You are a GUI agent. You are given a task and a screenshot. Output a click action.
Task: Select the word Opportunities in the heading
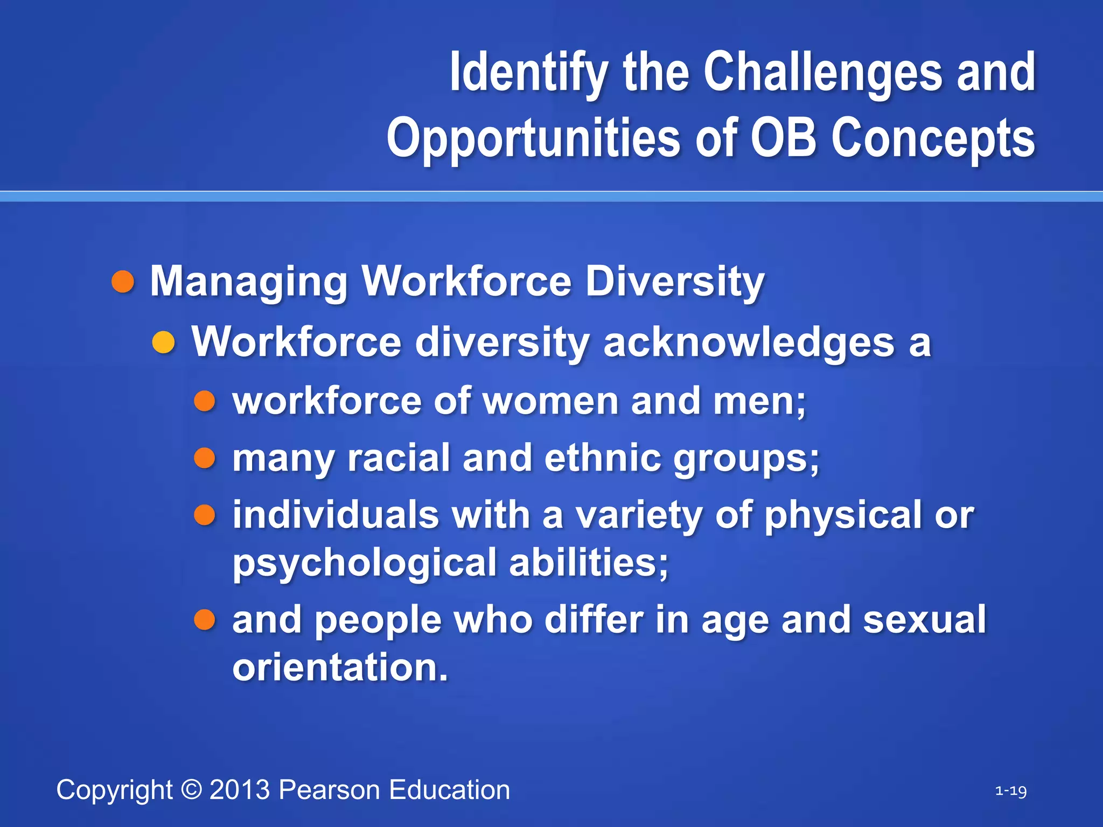click(534, 139)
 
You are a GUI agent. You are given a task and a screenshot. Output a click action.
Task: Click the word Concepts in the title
click(933, 139)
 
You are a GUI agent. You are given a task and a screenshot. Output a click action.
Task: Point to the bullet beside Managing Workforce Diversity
click(123, 282)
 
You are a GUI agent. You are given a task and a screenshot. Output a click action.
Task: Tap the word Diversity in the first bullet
click(675, 282)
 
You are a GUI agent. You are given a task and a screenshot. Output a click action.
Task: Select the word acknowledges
click(749, 342)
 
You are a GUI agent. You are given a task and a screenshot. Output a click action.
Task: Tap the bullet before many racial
click(205, 458)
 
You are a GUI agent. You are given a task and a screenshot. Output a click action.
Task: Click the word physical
click(843, 515)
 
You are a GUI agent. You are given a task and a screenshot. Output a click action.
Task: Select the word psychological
click(364, 563)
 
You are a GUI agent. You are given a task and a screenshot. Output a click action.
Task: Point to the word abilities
click(589, 562)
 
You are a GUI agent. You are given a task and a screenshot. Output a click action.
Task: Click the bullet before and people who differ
click(205, 620)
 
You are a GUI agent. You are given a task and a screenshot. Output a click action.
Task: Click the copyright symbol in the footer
click(191, 790)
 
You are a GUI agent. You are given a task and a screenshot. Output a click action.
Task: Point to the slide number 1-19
click(1010, 791)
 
